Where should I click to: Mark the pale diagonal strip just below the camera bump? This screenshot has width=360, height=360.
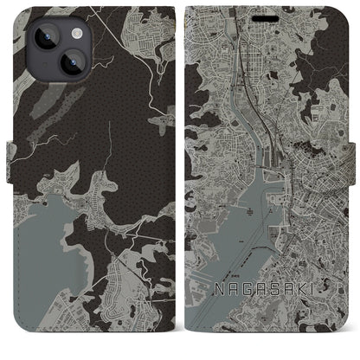(x=43, y=112)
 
